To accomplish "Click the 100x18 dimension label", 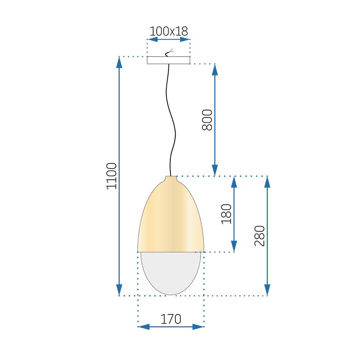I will (x=168, y=31).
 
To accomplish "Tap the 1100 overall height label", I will (x=112, y=176).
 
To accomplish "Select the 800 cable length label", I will (x=208, y=119).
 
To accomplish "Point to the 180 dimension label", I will (x=227, y=214).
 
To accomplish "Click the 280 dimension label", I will (x=260, y=236).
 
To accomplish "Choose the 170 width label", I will (x=171, y=319).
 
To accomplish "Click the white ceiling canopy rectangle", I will (x=168, y=60).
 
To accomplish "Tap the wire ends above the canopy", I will (x=169, y=53).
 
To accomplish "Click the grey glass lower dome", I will (x=171, y=272).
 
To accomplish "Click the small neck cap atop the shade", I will (x=171, y=179).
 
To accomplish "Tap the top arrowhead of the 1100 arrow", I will (x=119, y=62).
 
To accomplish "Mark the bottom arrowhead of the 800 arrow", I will (x=215, y=170).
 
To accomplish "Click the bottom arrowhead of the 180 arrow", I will (x=234, y=246).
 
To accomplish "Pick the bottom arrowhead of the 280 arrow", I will (x=267, y=289).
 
